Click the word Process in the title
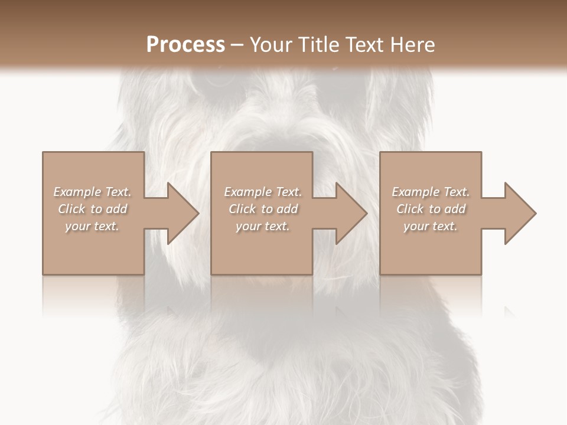pyautogui.click(x=185, y=45)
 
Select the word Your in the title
pyautogui.click(x=272, y=45)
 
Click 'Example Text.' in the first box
pyautogui.click(x=92, y=192)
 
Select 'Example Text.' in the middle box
pyautogui.click(x=263, y=192)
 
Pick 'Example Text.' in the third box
pyautogui.click(x=431, y=192)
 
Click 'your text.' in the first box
pyautogui.click(x=92, y=226)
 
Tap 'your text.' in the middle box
pyautogui.click(x=263, y=226)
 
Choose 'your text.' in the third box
pyautogui.click(x=431, y=226)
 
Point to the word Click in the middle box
pyautogui.click(x=242, y=209)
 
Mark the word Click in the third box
pyautogui.click(x=410, y=209)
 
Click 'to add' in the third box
pyautogui.click(x=451, y=209)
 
